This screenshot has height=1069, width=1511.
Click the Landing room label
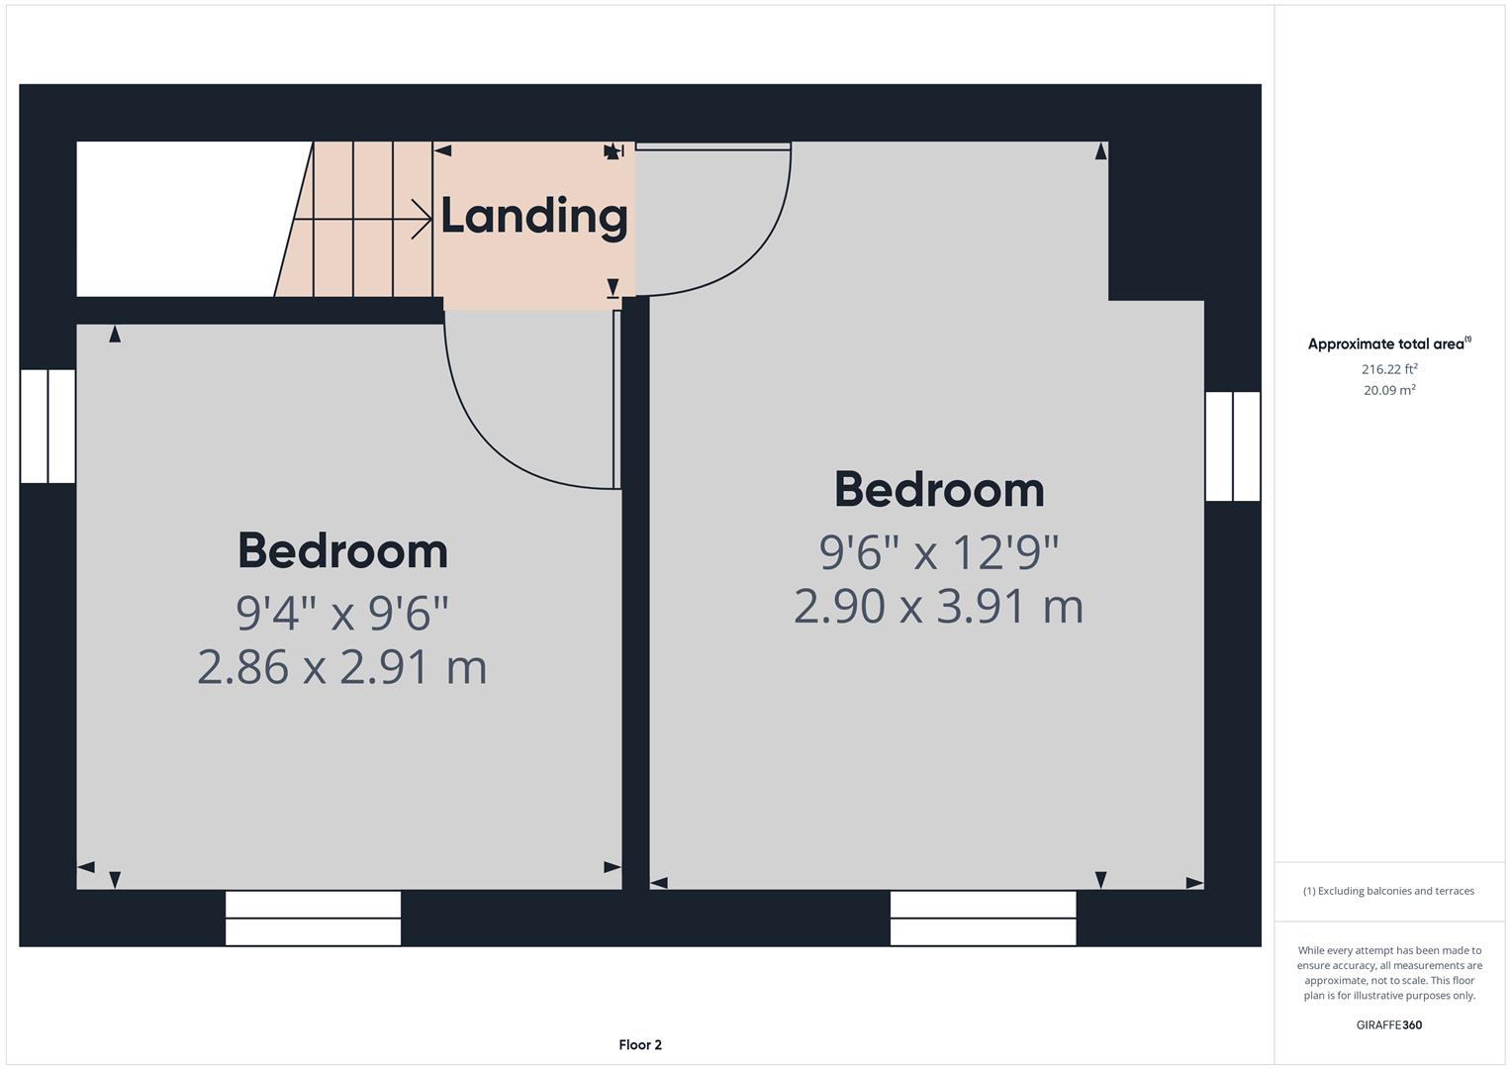pyautogui.click(x=533, y=216)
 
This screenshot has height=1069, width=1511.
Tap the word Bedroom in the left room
pyautogui.click(x=342, y=551)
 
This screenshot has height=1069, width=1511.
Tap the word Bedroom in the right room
pyautogui.click(x=938, y=490)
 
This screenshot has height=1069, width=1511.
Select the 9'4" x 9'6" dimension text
pyautogui.click(x=342, y=614)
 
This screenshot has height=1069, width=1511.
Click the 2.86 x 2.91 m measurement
pyautogui.click(x=342, y=667)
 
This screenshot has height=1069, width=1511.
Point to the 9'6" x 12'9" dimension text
pyautogui.click(x=938, y=552)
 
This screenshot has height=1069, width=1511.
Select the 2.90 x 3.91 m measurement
pyautogui.click(x=938, y=606)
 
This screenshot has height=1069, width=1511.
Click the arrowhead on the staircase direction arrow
pyautogui.click(x=424, y=220)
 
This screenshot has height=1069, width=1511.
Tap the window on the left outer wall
pyautogui.click(x=47, y=426)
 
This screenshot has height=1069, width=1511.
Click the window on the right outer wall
pyautogui.click(x=1232, y=446)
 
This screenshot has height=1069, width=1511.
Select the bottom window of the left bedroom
pyautogui.click(x=313, y=918)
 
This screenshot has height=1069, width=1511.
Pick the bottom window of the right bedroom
pyautogui.click(x=983, y=918)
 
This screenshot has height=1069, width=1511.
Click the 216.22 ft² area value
pyautogui.click(x=1388, y=369)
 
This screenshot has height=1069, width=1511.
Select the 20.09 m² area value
pyautogui.click(x=1388, y=390)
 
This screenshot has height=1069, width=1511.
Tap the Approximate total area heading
pyautogui.click(x=1388, y=344)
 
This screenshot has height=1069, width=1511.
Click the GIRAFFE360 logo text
pyautogui.click(x=1388, y=1024)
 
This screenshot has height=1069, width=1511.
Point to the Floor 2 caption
pyautogui.click(x=640, y=1044)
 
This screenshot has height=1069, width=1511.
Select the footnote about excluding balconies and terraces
pyautogui.click(x=1388, y=891)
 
